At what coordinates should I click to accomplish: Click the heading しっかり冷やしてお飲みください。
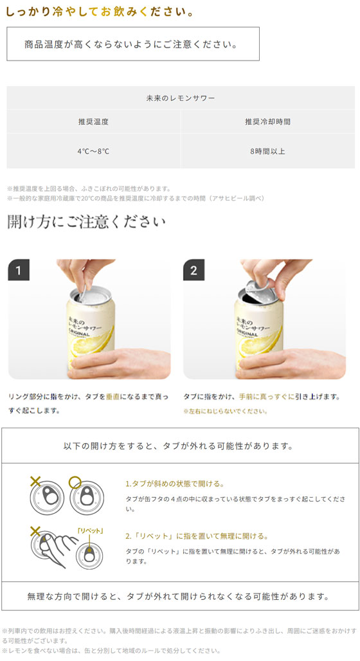pyautogui.click(x=100, y=12)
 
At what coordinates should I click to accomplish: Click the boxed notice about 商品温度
pyautogui.click(x=133, y=44)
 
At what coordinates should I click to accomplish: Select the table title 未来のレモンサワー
pyautogui.click(x=181, y=98)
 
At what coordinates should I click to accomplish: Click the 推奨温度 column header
pyautogui.click(x=94, y=122)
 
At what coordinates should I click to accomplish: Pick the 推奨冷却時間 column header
pyautogui.click(x=267, y=122)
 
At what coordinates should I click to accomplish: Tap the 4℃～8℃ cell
pyautogui.click(x=93, y=151)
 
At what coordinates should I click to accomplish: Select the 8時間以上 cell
pyautogui.click(x=267, y=151)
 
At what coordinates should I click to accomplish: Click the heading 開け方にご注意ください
pyautogui.click(x=86, y=222)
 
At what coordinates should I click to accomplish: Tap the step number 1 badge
pyautogui.click(x=19, y=270)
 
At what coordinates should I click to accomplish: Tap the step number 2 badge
pyautogui.click(x=194, y=270)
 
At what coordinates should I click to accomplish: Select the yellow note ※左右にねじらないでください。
pyautogui.click(x=225, y=411)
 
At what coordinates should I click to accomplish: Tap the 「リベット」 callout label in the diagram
pyautogui.click(x=90, y=530)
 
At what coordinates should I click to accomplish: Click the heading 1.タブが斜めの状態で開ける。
pyautogui.click(x=174, y=484)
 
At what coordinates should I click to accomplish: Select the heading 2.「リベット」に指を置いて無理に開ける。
pyautogui.click(x=197, y=536)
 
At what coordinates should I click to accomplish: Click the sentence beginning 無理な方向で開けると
pyautogui.click(x=178, y=596)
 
